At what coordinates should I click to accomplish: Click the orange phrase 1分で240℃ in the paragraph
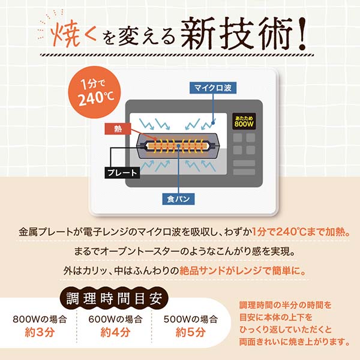pyautogui.click(x=284, y=232)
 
